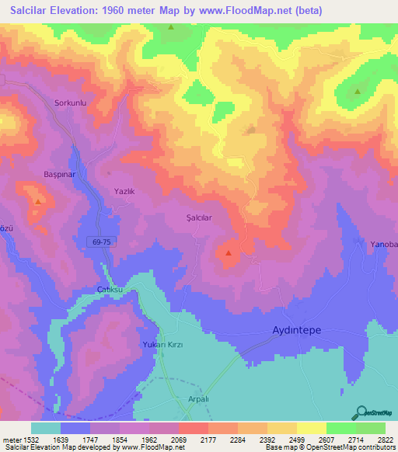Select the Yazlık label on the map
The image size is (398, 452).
coord(124,190)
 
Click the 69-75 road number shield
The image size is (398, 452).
coord(101,242)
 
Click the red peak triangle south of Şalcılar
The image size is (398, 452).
coord(229,252)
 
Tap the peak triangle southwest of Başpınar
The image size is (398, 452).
coord(37,201)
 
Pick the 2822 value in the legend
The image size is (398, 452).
coord(384,440)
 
